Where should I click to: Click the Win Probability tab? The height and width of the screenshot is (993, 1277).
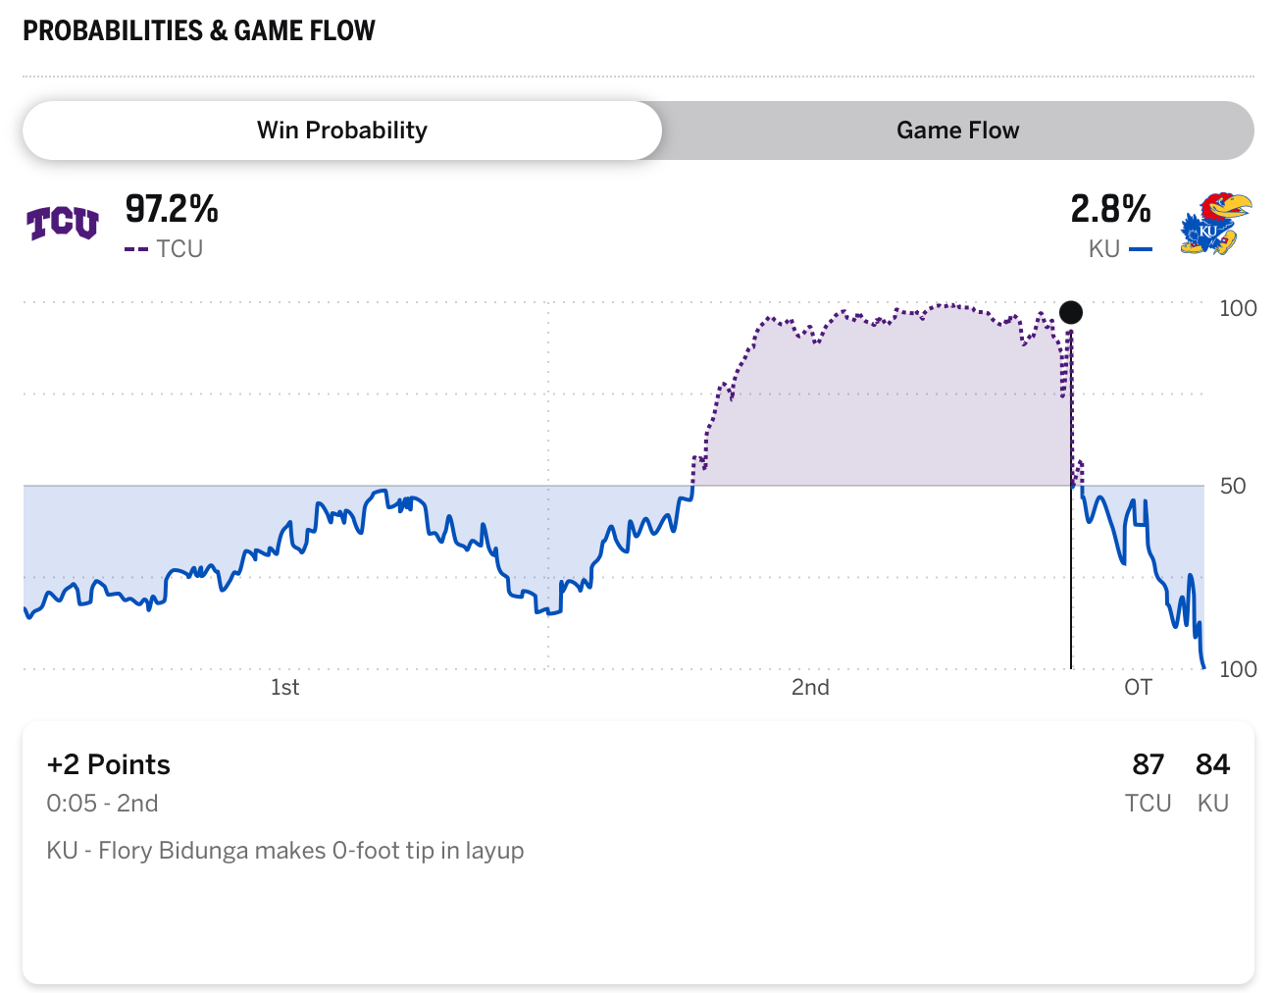[x=341, y=131]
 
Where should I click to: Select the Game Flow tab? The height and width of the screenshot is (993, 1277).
[x=957, y=131]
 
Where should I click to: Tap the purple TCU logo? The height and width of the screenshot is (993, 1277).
[x=62, y=224]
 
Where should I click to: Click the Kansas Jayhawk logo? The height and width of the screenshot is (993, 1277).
[x=1215, y=224]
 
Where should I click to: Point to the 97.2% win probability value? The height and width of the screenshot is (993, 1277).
[x=172, y=209]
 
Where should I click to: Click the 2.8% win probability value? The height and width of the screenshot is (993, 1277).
[x=1110, y=209]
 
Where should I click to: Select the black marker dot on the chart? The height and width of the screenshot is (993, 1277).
[x=1071, y=313]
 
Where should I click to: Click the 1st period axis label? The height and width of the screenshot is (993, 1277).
[x=284, y=687]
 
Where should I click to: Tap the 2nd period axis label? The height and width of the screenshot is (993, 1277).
[x=810, y=687]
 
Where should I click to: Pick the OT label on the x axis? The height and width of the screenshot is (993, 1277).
[x=1138, y=687]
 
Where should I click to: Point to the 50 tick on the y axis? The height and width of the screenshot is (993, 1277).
[x=1233, y=486]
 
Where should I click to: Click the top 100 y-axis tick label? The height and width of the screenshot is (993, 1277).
[x=1238, y=308]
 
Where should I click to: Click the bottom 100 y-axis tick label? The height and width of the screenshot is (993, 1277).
[x=1238, y=669]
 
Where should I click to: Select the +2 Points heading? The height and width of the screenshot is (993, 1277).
[x=108, y=764]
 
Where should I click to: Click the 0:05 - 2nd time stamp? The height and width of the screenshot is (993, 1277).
[x=102, y=804]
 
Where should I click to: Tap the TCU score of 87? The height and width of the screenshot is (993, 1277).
[x=1148, y=764]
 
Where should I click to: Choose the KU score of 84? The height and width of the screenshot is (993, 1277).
[x=1212, y=764]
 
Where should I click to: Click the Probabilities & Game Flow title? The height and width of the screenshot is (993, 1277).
[x=199, y=30]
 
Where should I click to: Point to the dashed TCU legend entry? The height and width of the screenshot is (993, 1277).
[x=165, y=249]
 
